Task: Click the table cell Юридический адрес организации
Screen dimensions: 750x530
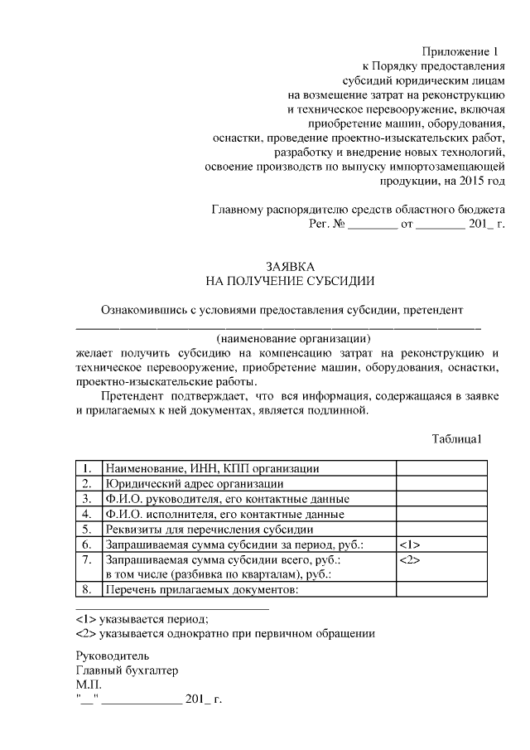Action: (x=194, y=484)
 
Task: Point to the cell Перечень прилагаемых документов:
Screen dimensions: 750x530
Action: (x=200, y=590)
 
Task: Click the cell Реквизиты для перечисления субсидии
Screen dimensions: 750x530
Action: (x=219, y=530)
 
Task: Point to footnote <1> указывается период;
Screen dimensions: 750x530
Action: (x=142, y=618)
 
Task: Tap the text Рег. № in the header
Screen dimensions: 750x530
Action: (x=326, y=224)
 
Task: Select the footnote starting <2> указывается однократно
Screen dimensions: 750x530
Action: (x=224, y=634)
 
